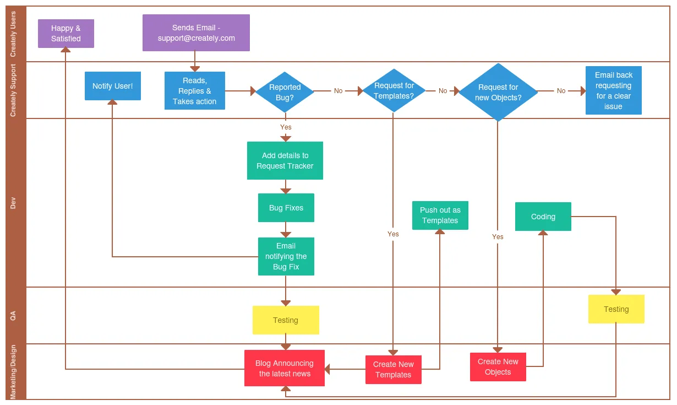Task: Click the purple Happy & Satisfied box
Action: click(66, 34)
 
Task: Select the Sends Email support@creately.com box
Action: click(196, 33)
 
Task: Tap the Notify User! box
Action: click(113, 86)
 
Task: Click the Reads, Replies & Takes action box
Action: click(195, 91)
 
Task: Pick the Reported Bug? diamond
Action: click(285, 92)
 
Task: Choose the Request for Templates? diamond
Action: click(394, 90)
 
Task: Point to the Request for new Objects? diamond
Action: click(498, 92)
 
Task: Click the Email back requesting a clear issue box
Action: click(613, 90)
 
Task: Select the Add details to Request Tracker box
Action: click(285, 160)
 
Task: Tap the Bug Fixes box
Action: click(286, 208)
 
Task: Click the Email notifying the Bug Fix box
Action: click(286, 256)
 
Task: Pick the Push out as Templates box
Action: click(440, 215)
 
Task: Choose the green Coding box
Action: click(543, 217)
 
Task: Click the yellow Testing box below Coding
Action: click(616, 309)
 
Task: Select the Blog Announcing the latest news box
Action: click(285, 368)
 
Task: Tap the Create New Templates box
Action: click(393, 370)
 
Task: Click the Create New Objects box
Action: click(498, 367)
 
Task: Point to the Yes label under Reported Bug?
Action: click(286, 127)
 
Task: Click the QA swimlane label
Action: click(13, 315)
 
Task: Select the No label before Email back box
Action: click(561, 91)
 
